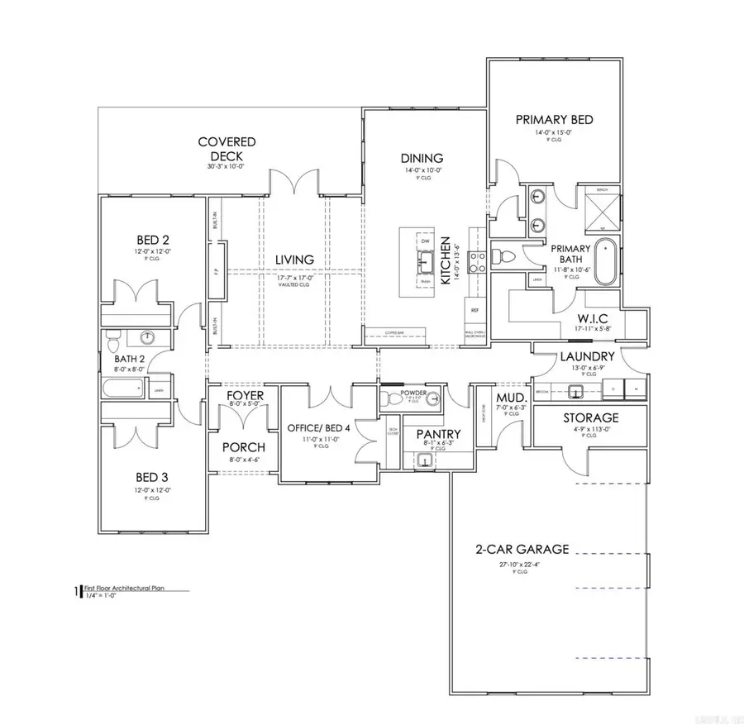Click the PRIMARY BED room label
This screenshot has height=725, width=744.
pos(554,120)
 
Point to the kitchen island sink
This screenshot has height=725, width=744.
pos(426,263)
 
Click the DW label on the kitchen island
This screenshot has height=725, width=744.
pos(426,241)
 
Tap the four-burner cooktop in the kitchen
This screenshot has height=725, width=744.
pos(477,262)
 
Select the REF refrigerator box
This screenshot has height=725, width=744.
pos(474,310)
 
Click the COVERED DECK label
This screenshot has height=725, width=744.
pos(227,149)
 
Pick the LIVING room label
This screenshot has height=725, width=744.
pos(294,260)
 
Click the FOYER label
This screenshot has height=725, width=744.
pos(246,397)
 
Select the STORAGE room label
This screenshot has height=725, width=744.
pos(591,417)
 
